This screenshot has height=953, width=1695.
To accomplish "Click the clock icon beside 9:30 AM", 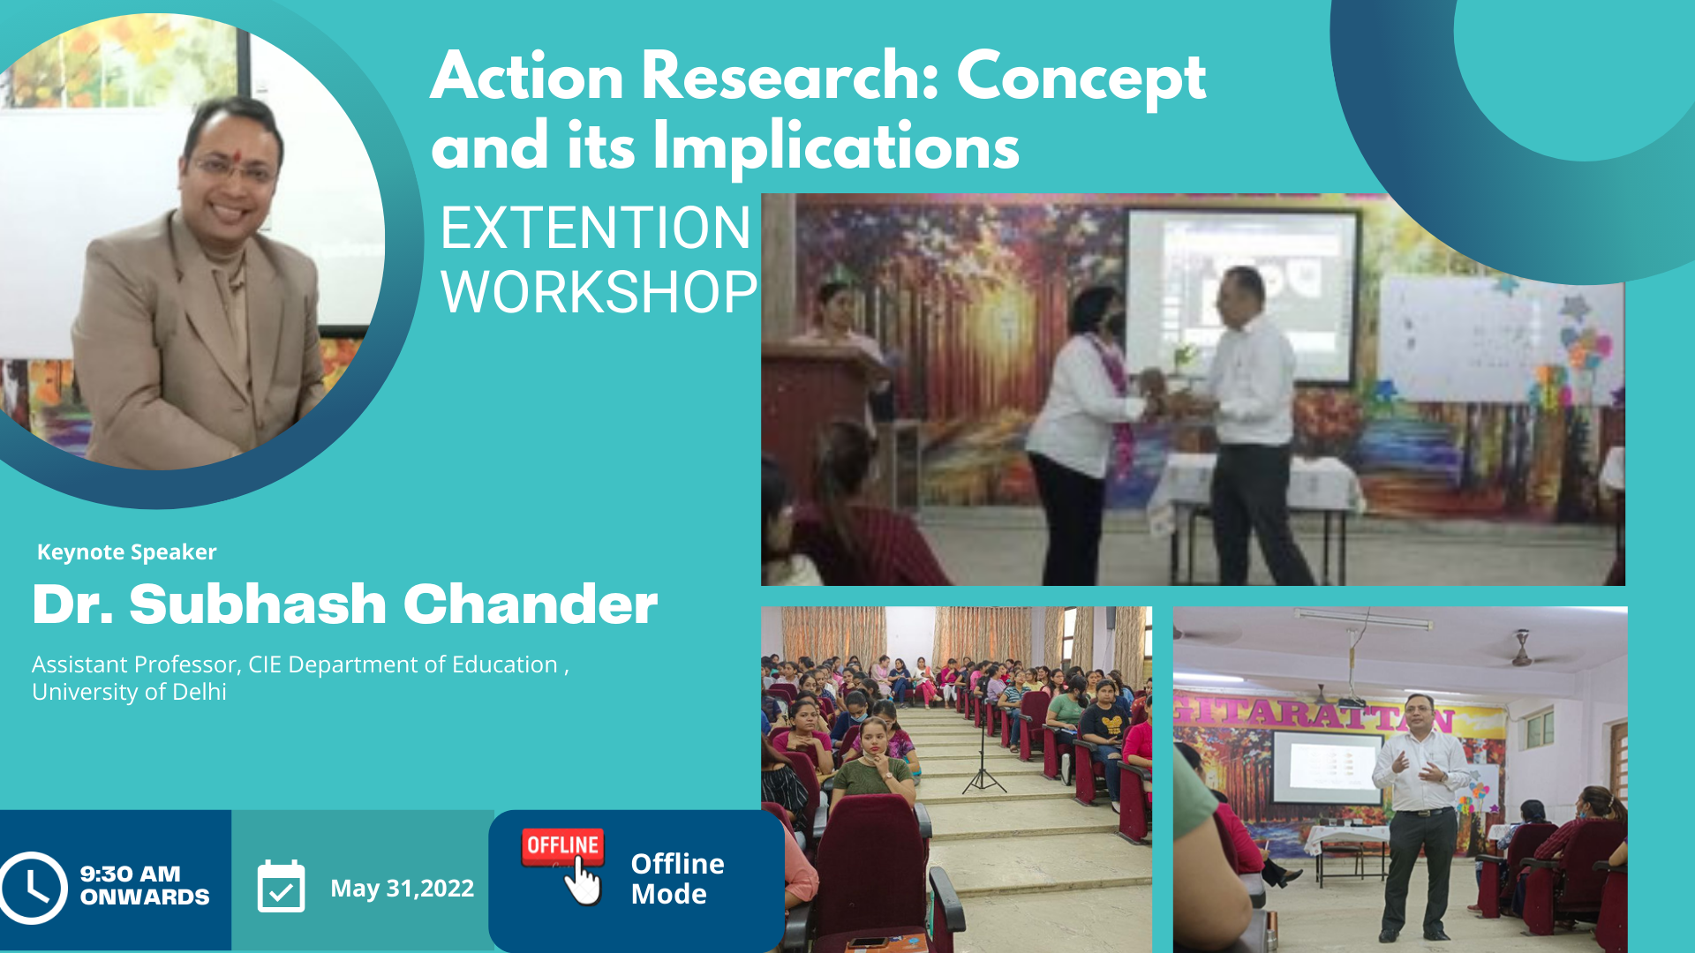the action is point(33,888).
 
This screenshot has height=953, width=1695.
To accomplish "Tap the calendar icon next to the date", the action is point(281,886).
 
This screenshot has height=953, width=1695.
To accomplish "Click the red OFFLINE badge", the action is point(562,845).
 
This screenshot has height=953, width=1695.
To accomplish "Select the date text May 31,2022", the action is point(402,888).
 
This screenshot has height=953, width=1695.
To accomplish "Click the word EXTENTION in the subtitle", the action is point(595,228).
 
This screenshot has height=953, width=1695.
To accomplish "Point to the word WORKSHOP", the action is point(599,292).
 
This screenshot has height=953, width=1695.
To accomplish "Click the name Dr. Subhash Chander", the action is point(345,604).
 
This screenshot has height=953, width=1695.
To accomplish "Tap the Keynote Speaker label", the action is point(126,552).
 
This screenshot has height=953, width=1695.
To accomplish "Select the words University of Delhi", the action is point(129,692).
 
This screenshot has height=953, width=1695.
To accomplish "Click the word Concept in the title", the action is point(1081,78).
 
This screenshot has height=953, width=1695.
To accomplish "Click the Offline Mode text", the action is point(677,879).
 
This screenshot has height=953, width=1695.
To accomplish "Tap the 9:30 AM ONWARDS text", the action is point(145,885).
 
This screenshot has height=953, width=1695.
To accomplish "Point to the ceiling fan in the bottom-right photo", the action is point(1521,651).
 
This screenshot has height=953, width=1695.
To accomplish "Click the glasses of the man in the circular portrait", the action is point(235,166).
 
